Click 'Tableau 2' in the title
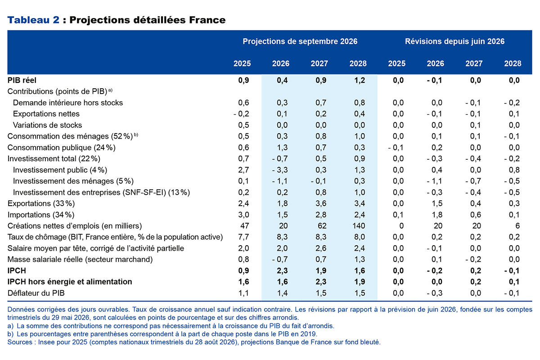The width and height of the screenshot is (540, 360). click(x=33, y=20)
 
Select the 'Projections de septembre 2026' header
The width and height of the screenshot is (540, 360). click(x=300, y=41)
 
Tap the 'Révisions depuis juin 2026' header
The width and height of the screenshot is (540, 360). click(x=454, y=41)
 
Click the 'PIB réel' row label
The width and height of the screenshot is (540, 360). click(x=22, y=80)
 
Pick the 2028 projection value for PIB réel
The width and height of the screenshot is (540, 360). click(x=360, y=80)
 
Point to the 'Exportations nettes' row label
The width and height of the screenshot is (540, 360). click(x=46, y=114)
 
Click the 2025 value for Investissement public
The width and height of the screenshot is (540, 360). click(x=243, y=170)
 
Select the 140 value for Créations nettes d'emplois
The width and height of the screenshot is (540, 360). click(x=359, y=226)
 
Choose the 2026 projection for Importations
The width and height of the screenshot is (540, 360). click(x=282, y=215)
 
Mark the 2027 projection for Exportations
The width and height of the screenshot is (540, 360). click(x=321, y=203)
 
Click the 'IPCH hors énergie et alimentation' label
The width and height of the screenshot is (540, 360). click(x=70, y=282)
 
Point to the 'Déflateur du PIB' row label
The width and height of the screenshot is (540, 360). click(x=36, y=293)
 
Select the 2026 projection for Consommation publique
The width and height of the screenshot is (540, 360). click(x=282, y=148)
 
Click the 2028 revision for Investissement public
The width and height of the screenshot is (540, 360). click(x=514, y=170)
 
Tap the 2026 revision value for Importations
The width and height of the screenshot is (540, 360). click(x=437, y=215)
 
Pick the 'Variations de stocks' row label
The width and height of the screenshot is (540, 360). click(x=48, y=125)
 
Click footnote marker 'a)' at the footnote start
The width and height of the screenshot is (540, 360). click(x=10, y=326)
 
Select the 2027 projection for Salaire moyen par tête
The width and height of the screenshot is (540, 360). click(x=321, y=248)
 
